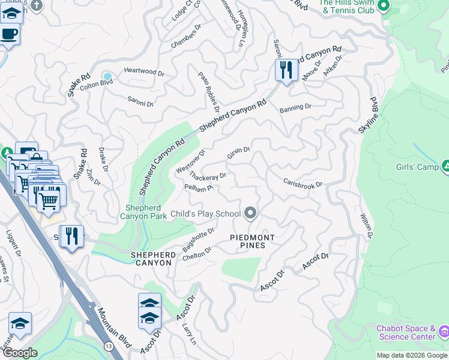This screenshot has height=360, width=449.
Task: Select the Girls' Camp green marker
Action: click(x=446, y=166)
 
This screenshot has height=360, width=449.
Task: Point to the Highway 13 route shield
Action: click(x=106, y=346)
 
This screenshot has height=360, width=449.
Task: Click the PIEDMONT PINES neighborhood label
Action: click(x=253, y=242)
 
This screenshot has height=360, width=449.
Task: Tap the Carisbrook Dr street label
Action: click(x=303, y=182)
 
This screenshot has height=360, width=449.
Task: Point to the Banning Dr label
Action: click(x=295, y=108)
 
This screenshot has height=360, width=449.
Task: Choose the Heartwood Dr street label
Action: click(x=144, y=71)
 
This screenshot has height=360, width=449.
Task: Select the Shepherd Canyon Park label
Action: click(x=143, y=212)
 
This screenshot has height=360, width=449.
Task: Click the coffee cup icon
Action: click(x=9, y=34)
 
